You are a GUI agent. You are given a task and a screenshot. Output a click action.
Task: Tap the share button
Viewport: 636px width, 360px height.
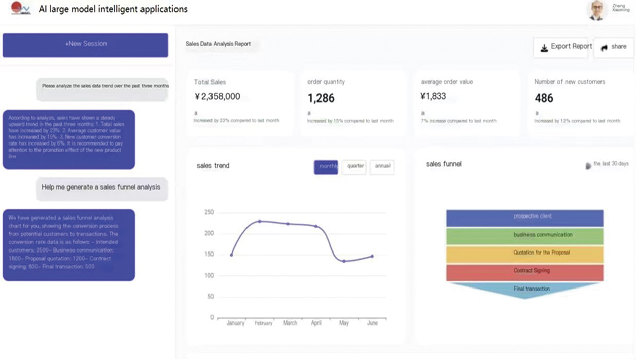[x=614, y=47]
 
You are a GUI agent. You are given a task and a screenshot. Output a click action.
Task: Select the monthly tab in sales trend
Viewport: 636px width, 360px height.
[x=326, y=167]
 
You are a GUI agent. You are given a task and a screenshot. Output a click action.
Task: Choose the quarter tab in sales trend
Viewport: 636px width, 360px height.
[x=355, y=167]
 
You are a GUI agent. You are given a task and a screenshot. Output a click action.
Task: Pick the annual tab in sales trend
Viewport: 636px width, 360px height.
[x=382, y=167]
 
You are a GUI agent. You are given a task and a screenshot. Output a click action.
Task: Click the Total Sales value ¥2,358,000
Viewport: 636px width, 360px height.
[x=217, y=97]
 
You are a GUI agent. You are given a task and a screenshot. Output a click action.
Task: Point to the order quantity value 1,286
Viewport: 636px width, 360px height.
[x=321, y=98]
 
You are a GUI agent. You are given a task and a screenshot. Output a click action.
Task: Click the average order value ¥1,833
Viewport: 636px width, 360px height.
[x=433, y=96]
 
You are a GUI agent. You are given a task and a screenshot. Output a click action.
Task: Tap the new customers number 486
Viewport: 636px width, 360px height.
[x=544, y=98]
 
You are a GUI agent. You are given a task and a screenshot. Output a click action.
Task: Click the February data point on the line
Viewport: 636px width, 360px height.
[x=260, y=221]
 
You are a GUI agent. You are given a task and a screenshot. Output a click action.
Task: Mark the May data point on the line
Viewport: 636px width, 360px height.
[x=344, y=261]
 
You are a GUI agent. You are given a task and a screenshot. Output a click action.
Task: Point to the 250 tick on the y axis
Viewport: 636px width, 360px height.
[x=208, y=212]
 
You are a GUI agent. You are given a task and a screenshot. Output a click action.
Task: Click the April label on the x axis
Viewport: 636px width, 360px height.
[x=315, y=323]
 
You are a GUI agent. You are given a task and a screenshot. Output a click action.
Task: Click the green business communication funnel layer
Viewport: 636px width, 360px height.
[x=525, y=236]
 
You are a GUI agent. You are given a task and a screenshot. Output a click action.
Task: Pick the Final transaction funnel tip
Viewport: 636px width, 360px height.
[x=525, y=290]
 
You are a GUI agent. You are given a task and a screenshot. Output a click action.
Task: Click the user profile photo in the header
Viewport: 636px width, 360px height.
[x=597, y=10]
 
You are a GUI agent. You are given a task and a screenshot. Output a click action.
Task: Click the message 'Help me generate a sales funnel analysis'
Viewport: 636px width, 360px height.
[x=101, y=188]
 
